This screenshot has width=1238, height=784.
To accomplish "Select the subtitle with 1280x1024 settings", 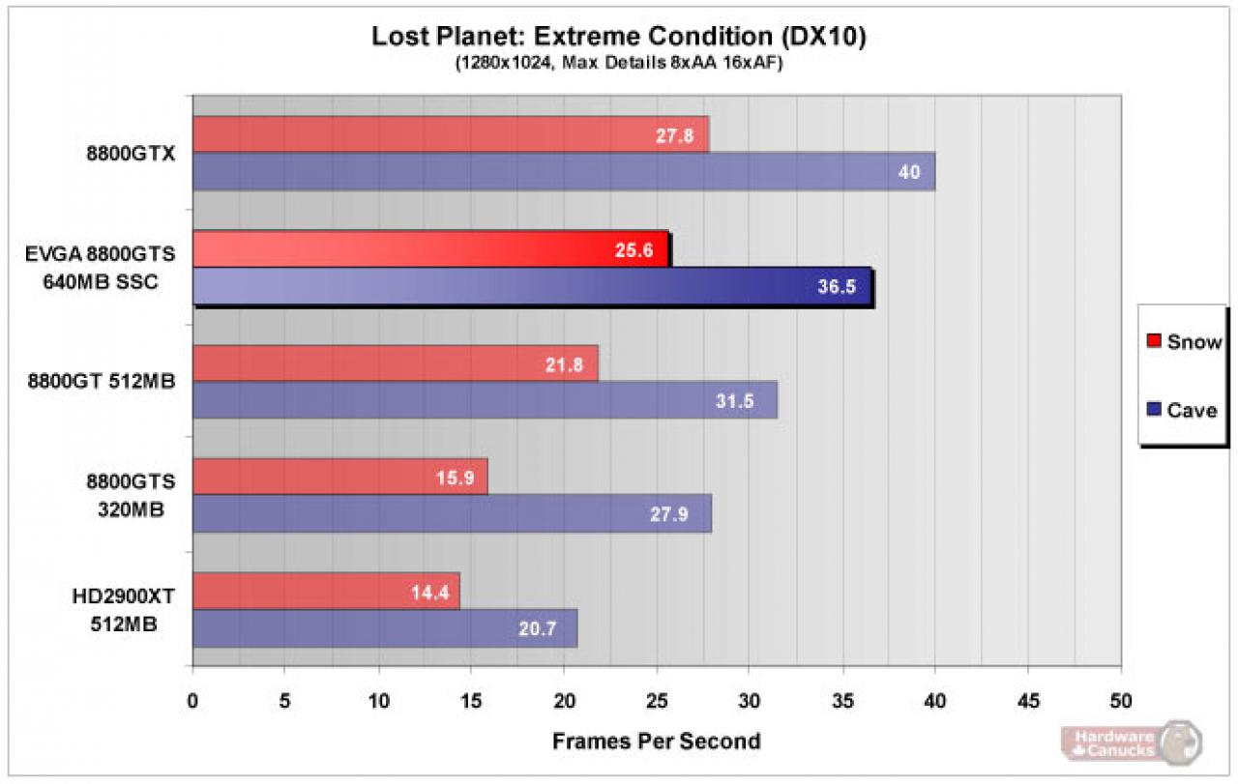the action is click(x=619, y=63).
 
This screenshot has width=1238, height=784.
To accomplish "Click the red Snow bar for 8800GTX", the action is click(x=451, y=134).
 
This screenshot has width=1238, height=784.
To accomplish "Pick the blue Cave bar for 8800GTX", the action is click(x=564, y=171).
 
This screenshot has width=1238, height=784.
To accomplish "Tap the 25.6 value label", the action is click(x=634, y=250).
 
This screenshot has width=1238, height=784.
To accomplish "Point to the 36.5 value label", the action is click(x=837, y=286).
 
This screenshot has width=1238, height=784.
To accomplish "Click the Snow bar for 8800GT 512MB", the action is click(x=396, y=363).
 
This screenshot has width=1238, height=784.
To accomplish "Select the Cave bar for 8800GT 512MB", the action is click(x=486, y=400).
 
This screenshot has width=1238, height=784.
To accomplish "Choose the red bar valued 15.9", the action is click(x=340, y=477).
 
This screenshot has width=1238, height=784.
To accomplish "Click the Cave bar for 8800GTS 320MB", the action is click(x=452, y=513).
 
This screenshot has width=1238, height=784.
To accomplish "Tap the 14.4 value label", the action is click(x=429, y=593).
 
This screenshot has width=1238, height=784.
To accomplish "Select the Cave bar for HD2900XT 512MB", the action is click(x=385, y=628).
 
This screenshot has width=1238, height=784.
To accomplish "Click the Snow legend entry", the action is click(x=1184, y=341).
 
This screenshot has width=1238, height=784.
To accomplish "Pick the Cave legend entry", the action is click(x=1182, y=410).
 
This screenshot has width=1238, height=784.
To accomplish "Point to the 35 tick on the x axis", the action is click(x=842, y=701).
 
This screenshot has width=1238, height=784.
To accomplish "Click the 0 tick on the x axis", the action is click(x=192, y=701).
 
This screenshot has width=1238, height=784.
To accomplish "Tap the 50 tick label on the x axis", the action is click(x=1121, y=701).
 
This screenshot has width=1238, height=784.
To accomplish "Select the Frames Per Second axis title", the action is click(x=657, y=741).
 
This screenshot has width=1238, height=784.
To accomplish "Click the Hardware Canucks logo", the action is click(x=1132, y=743).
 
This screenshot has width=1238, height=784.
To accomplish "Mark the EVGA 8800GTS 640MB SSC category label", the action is click(x=101, y=268).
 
